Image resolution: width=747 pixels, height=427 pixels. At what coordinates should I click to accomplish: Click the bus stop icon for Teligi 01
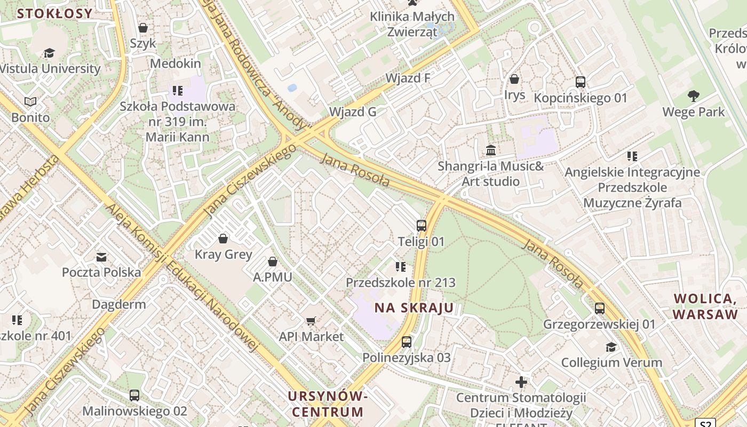[422, 225]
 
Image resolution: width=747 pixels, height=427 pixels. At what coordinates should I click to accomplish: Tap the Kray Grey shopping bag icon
[223, 238]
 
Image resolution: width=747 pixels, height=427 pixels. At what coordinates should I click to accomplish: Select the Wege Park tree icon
[693, 96]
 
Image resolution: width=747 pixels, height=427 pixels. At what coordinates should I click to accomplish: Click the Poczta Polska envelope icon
[101, 257]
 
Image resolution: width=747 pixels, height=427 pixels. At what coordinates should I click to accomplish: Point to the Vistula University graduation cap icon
[49, 53]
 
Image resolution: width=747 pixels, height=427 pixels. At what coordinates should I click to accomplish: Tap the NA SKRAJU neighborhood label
[414, 308]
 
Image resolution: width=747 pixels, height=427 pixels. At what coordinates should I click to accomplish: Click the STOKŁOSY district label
[54, 14]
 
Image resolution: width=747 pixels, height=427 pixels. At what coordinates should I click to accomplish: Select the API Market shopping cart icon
[311, 321]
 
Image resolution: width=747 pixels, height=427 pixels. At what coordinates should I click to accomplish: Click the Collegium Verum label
[611, 363]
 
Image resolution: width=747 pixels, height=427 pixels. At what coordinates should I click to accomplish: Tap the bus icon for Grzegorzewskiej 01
[600, 308]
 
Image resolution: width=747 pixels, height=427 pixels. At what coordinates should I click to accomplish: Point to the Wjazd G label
[353, 112]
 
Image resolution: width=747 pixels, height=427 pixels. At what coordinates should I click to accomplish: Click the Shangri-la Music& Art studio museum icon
[491, 150]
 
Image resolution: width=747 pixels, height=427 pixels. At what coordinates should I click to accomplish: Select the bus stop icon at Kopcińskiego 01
[581, 82]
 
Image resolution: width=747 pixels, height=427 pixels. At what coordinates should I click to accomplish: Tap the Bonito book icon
[30, 101]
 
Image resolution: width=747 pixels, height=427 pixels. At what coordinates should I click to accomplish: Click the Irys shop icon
[514, 79]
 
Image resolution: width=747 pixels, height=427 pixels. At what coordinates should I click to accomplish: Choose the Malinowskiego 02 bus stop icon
[134, 396]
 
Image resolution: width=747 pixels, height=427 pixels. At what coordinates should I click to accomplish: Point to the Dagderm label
[119, 305]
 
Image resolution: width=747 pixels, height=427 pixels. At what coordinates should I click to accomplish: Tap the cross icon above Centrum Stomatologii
[521, 382]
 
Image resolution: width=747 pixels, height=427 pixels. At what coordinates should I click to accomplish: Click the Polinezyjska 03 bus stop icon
[407, 342]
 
